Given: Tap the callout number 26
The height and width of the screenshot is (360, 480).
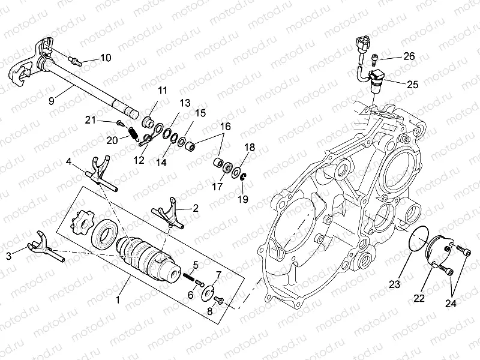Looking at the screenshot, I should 409,56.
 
